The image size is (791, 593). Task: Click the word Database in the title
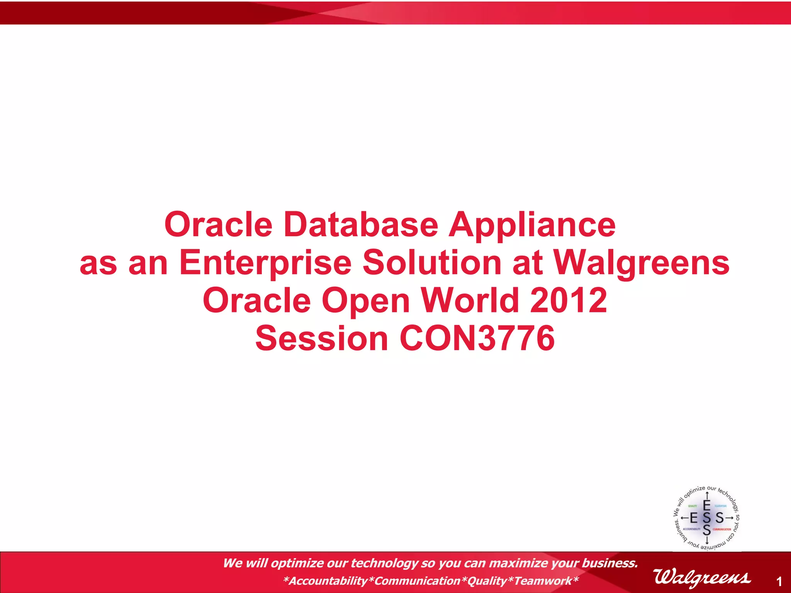pyautogui.click(x=361, y=225)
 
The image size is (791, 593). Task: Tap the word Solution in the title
pyautogui.click(x=432, y=263)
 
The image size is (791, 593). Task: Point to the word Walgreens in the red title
pyautogui.click(x=641, y=263)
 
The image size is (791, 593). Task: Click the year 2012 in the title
pyautogui.click(x=568, y=301)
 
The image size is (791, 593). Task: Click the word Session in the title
pyautogui.click(x=322, y=339)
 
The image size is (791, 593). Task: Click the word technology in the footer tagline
pyautogui.click(x=384, y=563)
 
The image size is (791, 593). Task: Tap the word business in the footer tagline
pyautogui.click(x=608, y=563)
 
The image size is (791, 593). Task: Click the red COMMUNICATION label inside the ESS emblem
pyautogui.click(x=721, y=529)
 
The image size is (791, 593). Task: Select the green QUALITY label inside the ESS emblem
pyautogui.click(x=693, y=506)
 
